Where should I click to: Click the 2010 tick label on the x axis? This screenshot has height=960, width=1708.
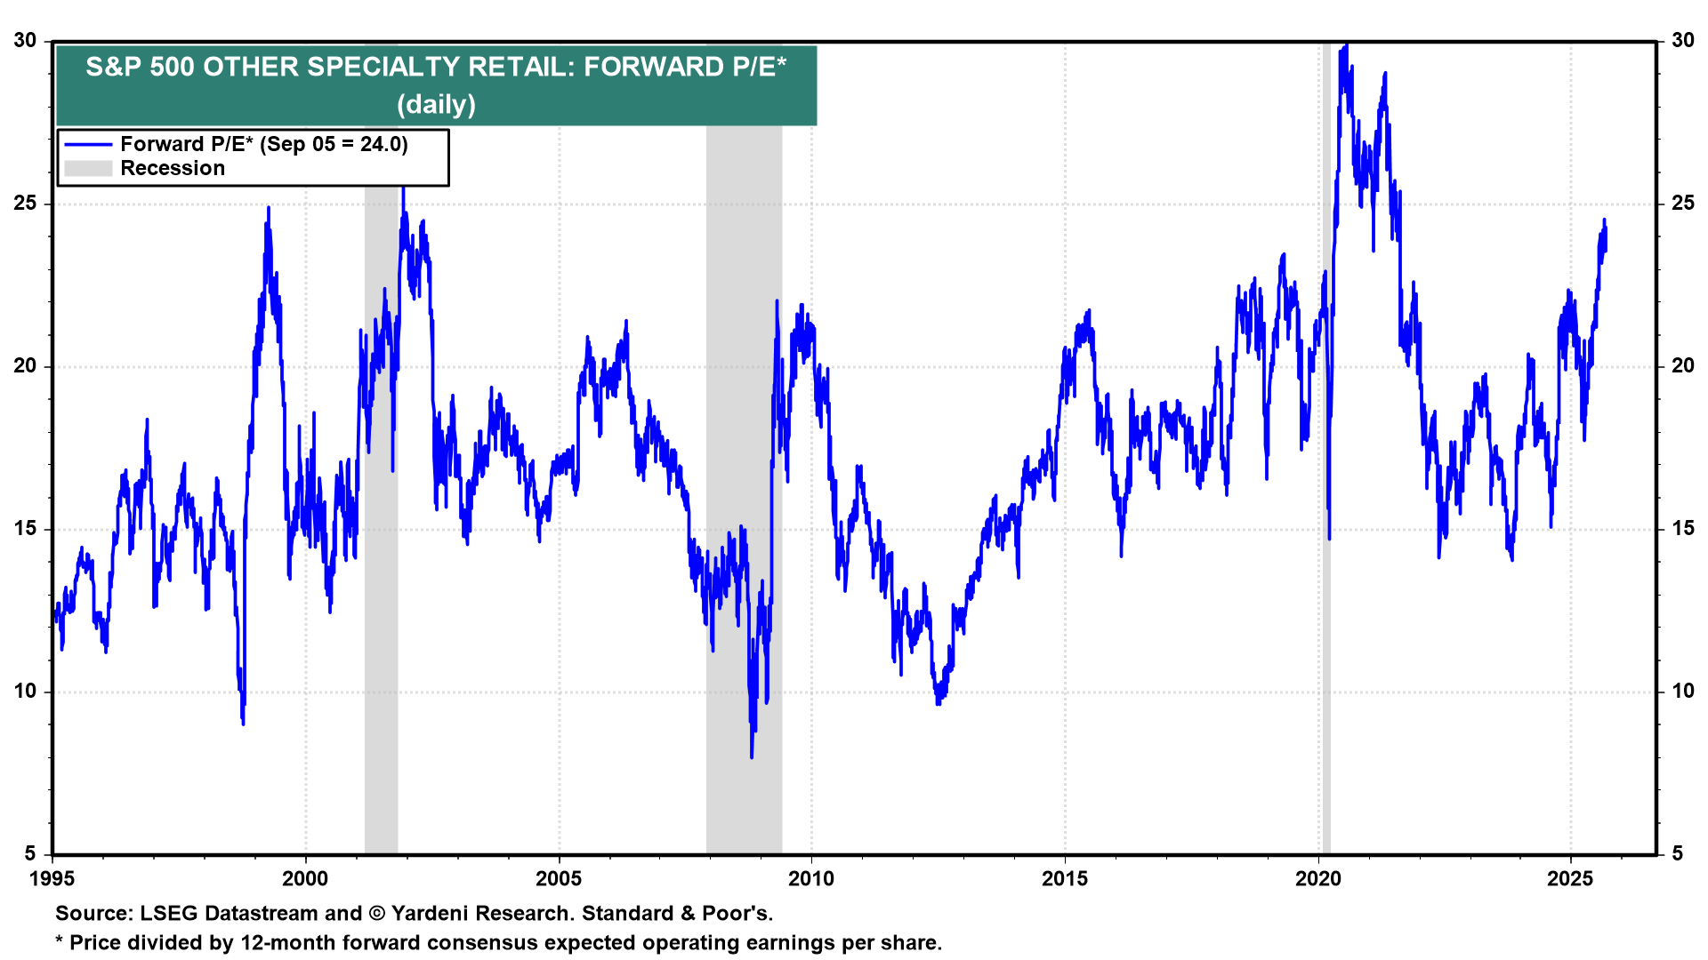pos(811,879)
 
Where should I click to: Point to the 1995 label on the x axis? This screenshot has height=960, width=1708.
pos(52,879)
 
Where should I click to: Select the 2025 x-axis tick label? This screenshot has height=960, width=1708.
pos(1570,879)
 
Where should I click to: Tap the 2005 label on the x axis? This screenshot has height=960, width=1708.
pos(559,879)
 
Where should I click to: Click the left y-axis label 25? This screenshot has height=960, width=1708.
pos(25,204)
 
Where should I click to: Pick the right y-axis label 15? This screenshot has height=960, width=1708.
pos(1683,529)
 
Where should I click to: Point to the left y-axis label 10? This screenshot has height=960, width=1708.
pos(25,692)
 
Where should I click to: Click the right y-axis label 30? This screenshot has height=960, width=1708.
pos(1683,41)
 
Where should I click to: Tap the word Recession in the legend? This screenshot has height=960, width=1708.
pos(173,169)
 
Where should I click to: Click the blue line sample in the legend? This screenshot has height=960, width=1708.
pos(88,144)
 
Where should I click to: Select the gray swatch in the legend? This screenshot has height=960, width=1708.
pos(88,169)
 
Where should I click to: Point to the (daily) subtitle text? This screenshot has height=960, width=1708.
pos(436,105)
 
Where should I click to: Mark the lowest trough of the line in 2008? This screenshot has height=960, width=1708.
pos(752,756)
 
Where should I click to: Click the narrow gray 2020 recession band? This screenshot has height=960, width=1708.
pos(1325,444)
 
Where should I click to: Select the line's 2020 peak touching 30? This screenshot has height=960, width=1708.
pos(1346,44)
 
